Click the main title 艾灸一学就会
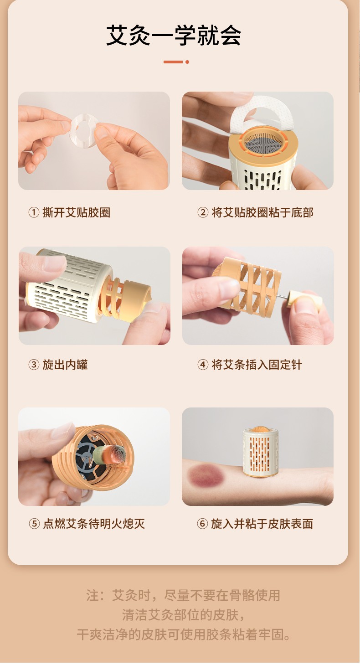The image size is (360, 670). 174,36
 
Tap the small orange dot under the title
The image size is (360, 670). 187,62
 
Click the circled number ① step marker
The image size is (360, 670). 33,213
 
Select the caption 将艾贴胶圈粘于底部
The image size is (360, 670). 262,213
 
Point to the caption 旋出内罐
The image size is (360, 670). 65,365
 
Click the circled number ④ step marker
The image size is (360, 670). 202,365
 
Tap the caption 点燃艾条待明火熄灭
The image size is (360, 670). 94,523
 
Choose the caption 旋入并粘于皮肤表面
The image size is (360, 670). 262,523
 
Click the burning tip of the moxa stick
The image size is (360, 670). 119,451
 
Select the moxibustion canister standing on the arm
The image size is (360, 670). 261,451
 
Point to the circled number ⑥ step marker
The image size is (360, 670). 202,523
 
